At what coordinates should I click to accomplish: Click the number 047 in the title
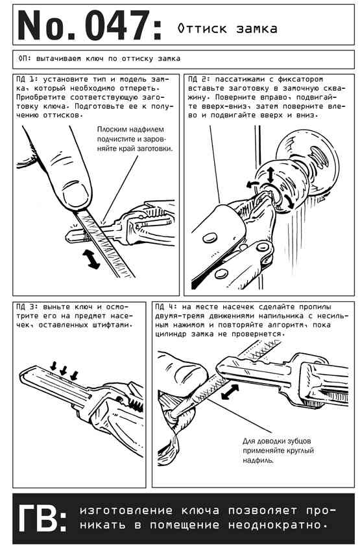coord(117,26)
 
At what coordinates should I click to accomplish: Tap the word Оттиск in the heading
coord(202,29)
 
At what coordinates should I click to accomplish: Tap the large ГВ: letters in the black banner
coord(43,519)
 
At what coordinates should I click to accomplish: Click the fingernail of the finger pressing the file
coord(75,194)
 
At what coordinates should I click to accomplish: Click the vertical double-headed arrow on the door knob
coord(270,174)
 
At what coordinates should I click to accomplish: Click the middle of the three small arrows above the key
coord(64,370)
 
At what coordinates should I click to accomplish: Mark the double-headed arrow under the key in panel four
coord(230,392)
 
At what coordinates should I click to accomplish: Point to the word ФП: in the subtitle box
coord(23,58)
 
